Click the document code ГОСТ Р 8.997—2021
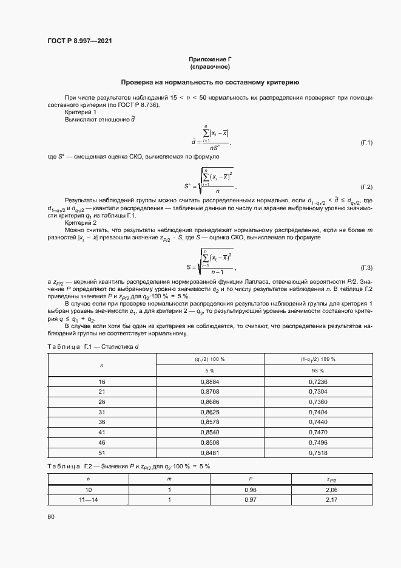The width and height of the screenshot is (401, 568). tap(79, 41)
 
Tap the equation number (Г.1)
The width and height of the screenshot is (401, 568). tap(366, 142)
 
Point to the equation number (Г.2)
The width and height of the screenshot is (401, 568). tap(366, 186)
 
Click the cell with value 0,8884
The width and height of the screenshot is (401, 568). tap(210, 382)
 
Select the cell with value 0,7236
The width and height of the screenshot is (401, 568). tap(318, 382)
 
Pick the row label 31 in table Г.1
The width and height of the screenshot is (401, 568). tap(102, 412)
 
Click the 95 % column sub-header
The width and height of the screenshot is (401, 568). tap(318, 370)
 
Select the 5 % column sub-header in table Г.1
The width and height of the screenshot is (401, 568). tap(210, 370)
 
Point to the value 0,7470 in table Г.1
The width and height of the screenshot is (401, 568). tap(318, 432)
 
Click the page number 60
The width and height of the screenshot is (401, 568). tap(51, 516)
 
